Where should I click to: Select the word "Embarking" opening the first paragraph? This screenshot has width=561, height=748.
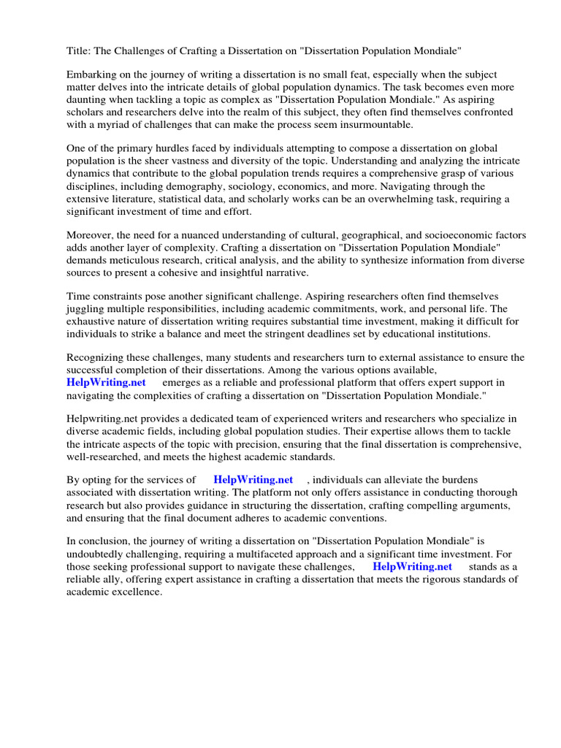91,75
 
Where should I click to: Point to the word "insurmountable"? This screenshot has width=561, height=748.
378,124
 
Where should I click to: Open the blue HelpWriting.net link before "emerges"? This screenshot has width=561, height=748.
106,382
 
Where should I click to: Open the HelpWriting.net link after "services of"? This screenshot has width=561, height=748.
253,480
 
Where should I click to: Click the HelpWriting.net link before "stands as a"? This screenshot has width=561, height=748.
412,566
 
